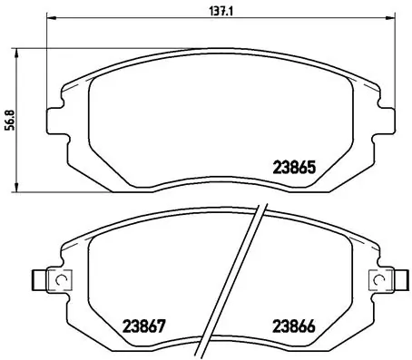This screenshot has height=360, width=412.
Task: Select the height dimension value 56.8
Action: (x=8, y=120)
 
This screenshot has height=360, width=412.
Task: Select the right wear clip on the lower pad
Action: (x=384, y=281)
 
